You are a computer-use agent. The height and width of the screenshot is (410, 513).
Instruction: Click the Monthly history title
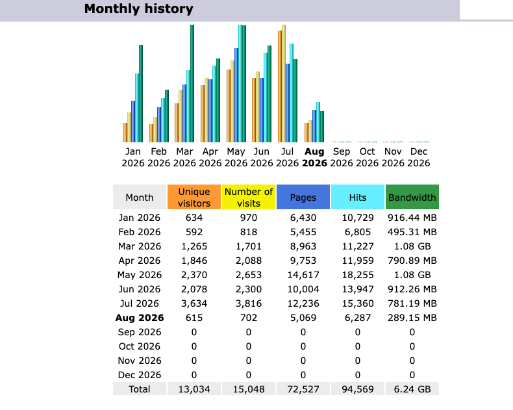pyautogui.click(x=139, y=9)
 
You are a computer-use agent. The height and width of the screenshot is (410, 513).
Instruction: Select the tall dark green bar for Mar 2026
pyautogui.click(x=192, y=84)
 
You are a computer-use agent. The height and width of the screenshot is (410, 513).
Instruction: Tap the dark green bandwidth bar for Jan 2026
pyautogui.click(x=141, y=94)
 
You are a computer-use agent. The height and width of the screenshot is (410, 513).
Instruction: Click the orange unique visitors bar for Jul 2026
pyautogui.click(x=280, y=86)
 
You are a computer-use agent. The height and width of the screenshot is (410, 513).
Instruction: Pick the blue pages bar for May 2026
pyautogui.click(x=236, y=96)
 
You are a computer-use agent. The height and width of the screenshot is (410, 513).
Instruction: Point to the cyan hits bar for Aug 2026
pyautogui.click(x=318, y=122)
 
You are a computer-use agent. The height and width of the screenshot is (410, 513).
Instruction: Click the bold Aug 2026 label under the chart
pyautogui.click(x=314, y=157)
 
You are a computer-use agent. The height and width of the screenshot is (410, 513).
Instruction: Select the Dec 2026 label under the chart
pyautogui.click(x=418, y=157)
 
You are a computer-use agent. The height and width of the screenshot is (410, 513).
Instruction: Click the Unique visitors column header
pyautogui.click(x=194, y=197)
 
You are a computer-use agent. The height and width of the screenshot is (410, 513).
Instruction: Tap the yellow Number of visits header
pyautogui.click(x=249, y=197)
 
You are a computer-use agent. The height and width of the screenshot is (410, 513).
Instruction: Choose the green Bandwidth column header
pyautogui.click(x=412, y=197)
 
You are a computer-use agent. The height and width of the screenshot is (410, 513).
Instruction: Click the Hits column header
pyautogui.click(x=358, y=197)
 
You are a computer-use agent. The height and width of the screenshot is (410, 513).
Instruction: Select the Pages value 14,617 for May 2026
pyautogui.click(x=303, y=275)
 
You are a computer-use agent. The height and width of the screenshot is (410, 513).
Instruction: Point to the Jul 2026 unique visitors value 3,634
pyautogui.click(x=194, y=303)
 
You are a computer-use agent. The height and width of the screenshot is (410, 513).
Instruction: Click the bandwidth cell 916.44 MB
pyautogui.click(x=412, y=218)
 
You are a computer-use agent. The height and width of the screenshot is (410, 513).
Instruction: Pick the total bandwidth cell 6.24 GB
pyautogui.click(x=412, y=389)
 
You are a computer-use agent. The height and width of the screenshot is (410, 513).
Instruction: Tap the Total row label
pyautogui.click(x=140, y=389)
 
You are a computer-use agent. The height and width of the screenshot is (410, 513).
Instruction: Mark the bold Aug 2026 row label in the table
pyautogui.click(x=140, y=318)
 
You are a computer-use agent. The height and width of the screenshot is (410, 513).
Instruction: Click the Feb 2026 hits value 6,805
pyautogui.click(x=358, y=232)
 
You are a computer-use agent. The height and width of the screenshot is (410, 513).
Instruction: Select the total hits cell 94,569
pyautogui.click(x=358, y=389)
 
